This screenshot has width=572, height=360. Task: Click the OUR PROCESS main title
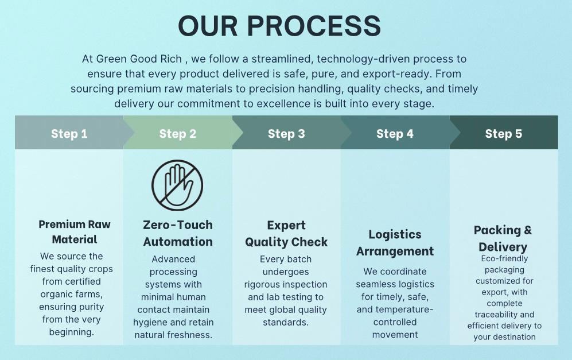pos(279,26)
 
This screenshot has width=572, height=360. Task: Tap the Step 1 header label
pos(69,134)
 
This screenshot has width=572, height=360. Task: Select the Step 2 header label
pos(178,134)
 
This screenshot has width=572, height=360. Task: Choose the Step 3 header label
pos(286,134)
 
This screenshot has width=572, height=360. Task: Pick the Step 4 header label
pos(395,134)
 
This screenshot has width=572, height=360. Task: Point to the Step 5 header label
pos(503,134)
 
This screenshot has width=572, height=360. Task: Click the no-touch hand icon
pos(177,185)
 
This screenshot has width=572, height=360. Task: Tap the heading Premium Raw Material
pos(75,232)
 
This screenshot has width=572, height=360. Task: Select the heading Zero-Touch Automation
pos(178,233)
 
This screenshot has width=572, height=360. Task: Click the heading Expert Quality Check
pos(286,234)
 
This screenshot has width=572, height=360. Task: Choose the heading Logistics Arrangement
pos(395,243)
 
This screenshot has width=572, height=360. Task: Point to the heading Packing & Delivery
pos(503,239)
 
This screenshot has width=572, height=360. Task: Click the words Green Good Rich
pos(139,59)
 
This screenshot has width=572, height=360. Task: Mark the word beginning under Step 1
pos(72,332)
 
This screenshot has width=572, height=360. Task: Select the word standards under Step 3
pos(286,322)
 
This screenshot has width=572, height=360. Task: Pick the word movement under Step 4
pos(395,334)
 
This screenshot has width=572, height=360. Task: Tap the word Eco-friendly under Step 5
pos(504,258)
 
